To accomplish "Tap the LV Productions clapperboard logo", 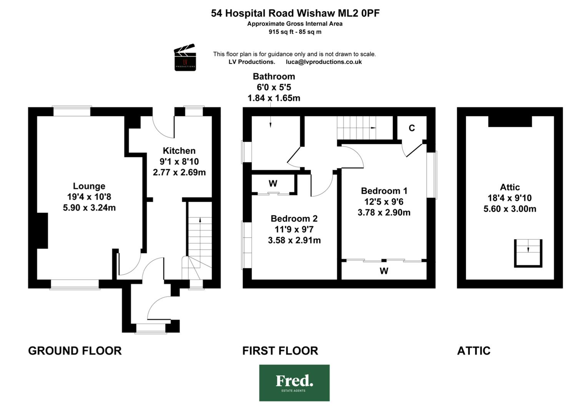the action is click(185, 57).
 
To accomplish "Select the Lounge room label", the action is click(89, 186).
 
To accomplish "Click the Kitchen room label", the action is click(179, 151).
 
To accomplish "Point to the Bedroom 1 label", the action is click(384, 191).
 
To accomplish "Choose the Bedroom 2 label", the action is click(294, 219).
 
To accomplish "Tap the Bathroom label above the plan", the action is click(274, 76).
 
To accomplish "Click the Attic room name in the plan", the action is click(510, 187).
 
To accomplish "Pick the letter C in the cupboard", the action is click(412, 128).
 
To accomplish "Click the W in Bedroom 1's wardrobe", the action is click(384, 271).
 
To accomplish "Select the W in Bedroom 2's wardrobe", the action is click(273, 183).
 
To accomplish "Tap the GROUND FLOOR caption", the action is click(75, 350).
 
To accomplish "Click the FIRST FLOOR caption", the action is click(280, 350).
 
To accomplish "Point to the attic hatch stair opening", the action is click(528, 253).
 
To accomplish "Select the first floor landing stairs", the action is click(356, 128).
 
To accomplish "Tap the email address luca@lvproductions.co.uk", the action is click(324, 62).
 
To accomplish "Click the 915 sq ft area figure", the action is click(279, 32).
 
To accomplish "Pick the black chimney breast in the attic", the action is click(510, 121).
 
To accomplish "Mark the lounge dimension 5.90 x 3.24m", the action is click(89, 207).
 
